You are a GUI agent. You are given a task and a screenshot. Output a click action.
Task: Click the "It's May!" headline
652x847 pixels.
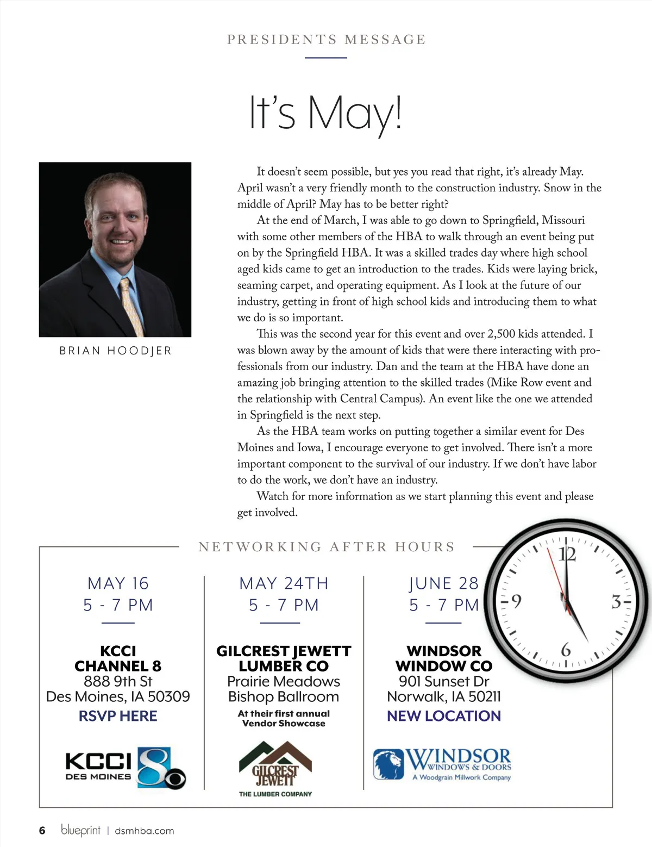point(325,113)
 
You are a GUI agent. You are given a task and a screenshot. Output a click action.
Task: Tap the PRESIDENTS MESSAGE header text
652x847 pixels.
point(326,40)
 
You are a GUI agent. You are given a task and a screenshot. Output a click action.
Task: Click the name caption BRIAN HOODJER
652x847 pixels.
point(115,351)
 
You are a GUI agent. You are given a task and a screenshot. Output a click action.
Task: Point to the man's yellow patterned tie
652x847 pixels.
point(132,307)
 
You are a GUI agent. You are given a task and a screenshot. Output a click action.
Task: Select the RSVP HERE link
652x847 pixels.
point(118,716)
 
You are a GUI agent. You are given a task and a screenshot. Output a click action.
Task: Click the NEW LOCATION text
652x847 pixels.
point(443,716)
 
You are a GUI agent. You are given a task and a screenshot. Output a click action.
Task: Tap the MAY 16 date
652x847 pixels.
point(118,583)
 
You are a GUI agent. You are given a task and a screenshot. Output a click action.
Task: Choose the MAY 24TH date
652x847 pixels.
point(284,583)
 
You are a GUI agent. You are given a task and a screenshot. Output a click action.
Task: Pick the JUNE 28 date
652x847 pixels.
point(443,583)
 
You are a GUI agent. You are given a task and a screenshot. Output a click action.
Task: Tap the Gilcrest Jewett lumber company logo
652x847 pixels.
point(275,768)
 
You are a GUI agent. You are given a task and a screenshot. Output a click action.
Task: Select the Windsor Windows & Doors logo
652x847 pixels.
point(442,764)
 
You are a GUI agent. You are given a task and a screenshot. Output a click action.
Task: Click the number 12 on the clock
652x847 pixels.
point(567,554)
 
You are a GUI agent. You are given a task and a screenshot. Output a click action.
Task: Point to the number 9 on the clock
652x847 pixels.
point(516,601)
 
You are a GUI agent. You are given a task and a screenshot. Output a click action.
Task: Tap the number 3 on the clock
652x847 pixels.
point(616,602)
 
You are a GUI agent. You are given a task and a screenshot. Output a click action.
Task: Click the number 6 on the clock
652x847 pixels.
point(566,650)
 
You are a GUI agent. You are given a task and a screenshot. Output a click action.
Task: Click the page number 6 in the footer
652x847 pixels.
point(42,831)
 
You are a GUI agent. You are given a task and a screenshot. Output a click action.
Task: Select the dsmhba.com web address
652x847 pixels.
point(145,831)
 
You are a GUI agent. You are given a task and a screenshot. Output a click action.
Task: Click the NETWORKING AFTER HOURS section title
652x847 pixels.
point(327,547)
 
